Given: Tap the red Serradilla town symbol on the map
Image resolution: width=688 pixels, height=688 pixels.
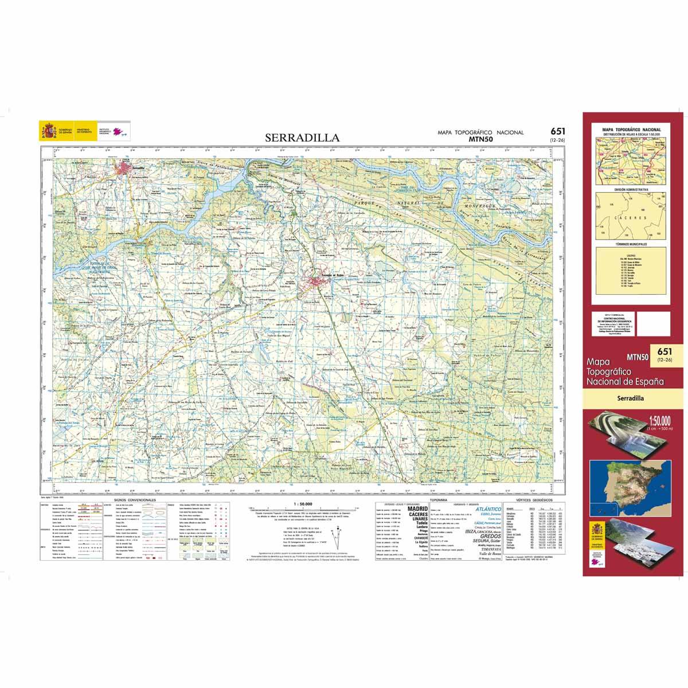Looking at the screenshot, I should (x=124, y=168).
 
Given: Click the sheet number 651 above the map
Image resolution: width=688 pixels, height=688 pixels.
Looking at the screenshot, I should (x=555, y=131).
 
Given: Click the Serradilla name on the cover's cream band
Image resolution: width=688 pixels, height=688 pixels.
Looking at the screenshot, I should (x=631, y=397).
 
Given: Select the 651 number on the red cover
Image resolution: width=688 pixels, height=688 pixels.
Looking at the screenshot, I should (x=665, y=351).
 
